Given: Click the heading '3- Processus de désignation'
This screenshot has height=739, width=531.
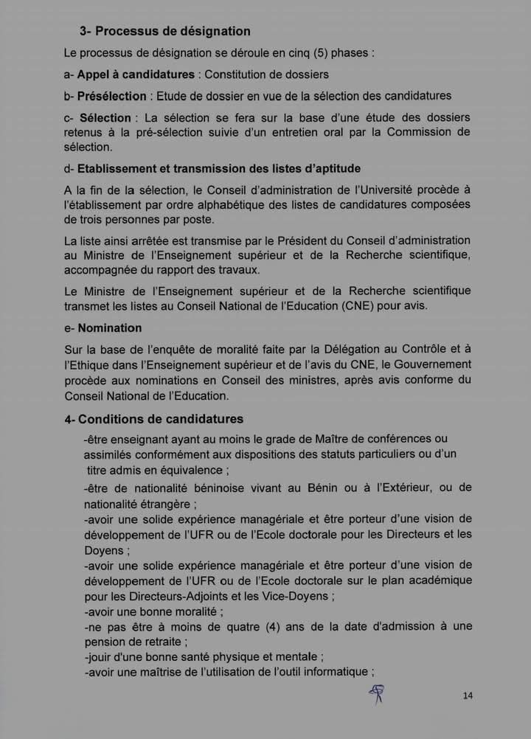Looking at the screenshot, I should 165,32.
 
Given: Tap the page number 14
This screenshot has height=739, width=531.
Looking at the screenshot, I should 468,695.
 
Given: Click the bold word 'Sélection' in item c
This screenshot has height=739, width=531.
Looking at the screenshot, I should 105,118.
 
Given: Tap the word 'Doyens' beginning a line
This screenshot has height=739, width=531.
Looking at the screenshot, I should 107,550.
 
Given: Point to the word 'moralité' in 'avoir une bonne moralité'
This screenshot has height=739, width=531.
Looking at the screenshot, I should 195,611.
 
